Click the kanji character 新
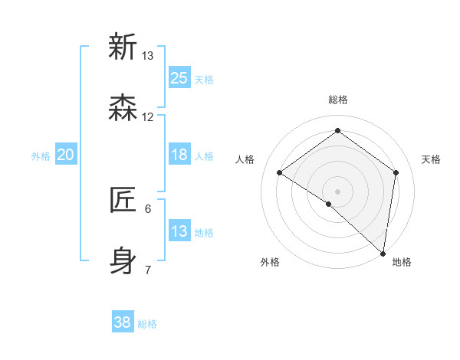123,47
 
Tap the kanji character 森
123,109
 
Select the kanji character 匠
123,201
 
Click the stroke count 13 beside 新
148,56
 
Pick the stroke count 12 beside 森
148,117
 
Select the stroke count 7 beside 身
148,270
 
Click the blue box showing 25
179,77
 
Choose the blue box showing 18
179,155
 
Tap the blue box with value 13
179,231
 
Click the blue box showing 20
66,155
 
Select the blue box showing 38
123,322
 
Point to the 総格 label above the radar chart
338,100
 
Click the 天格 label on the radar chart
431,159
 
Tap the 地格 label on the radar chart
402,262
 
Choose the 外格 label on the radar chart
270,262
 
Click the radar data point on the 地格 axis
383,253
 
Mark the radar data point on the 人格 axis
280,172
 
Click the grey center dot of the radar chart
337,191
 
